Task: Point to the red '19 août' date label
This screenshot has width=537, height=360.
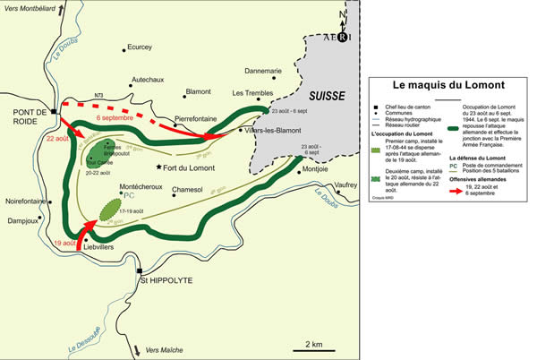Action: tap(64, 242)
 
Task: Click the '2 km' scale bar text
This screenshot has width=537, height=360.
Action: tap(313, 344)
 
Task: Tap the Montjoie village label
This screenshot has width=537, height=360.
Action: tap(321, 169)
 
